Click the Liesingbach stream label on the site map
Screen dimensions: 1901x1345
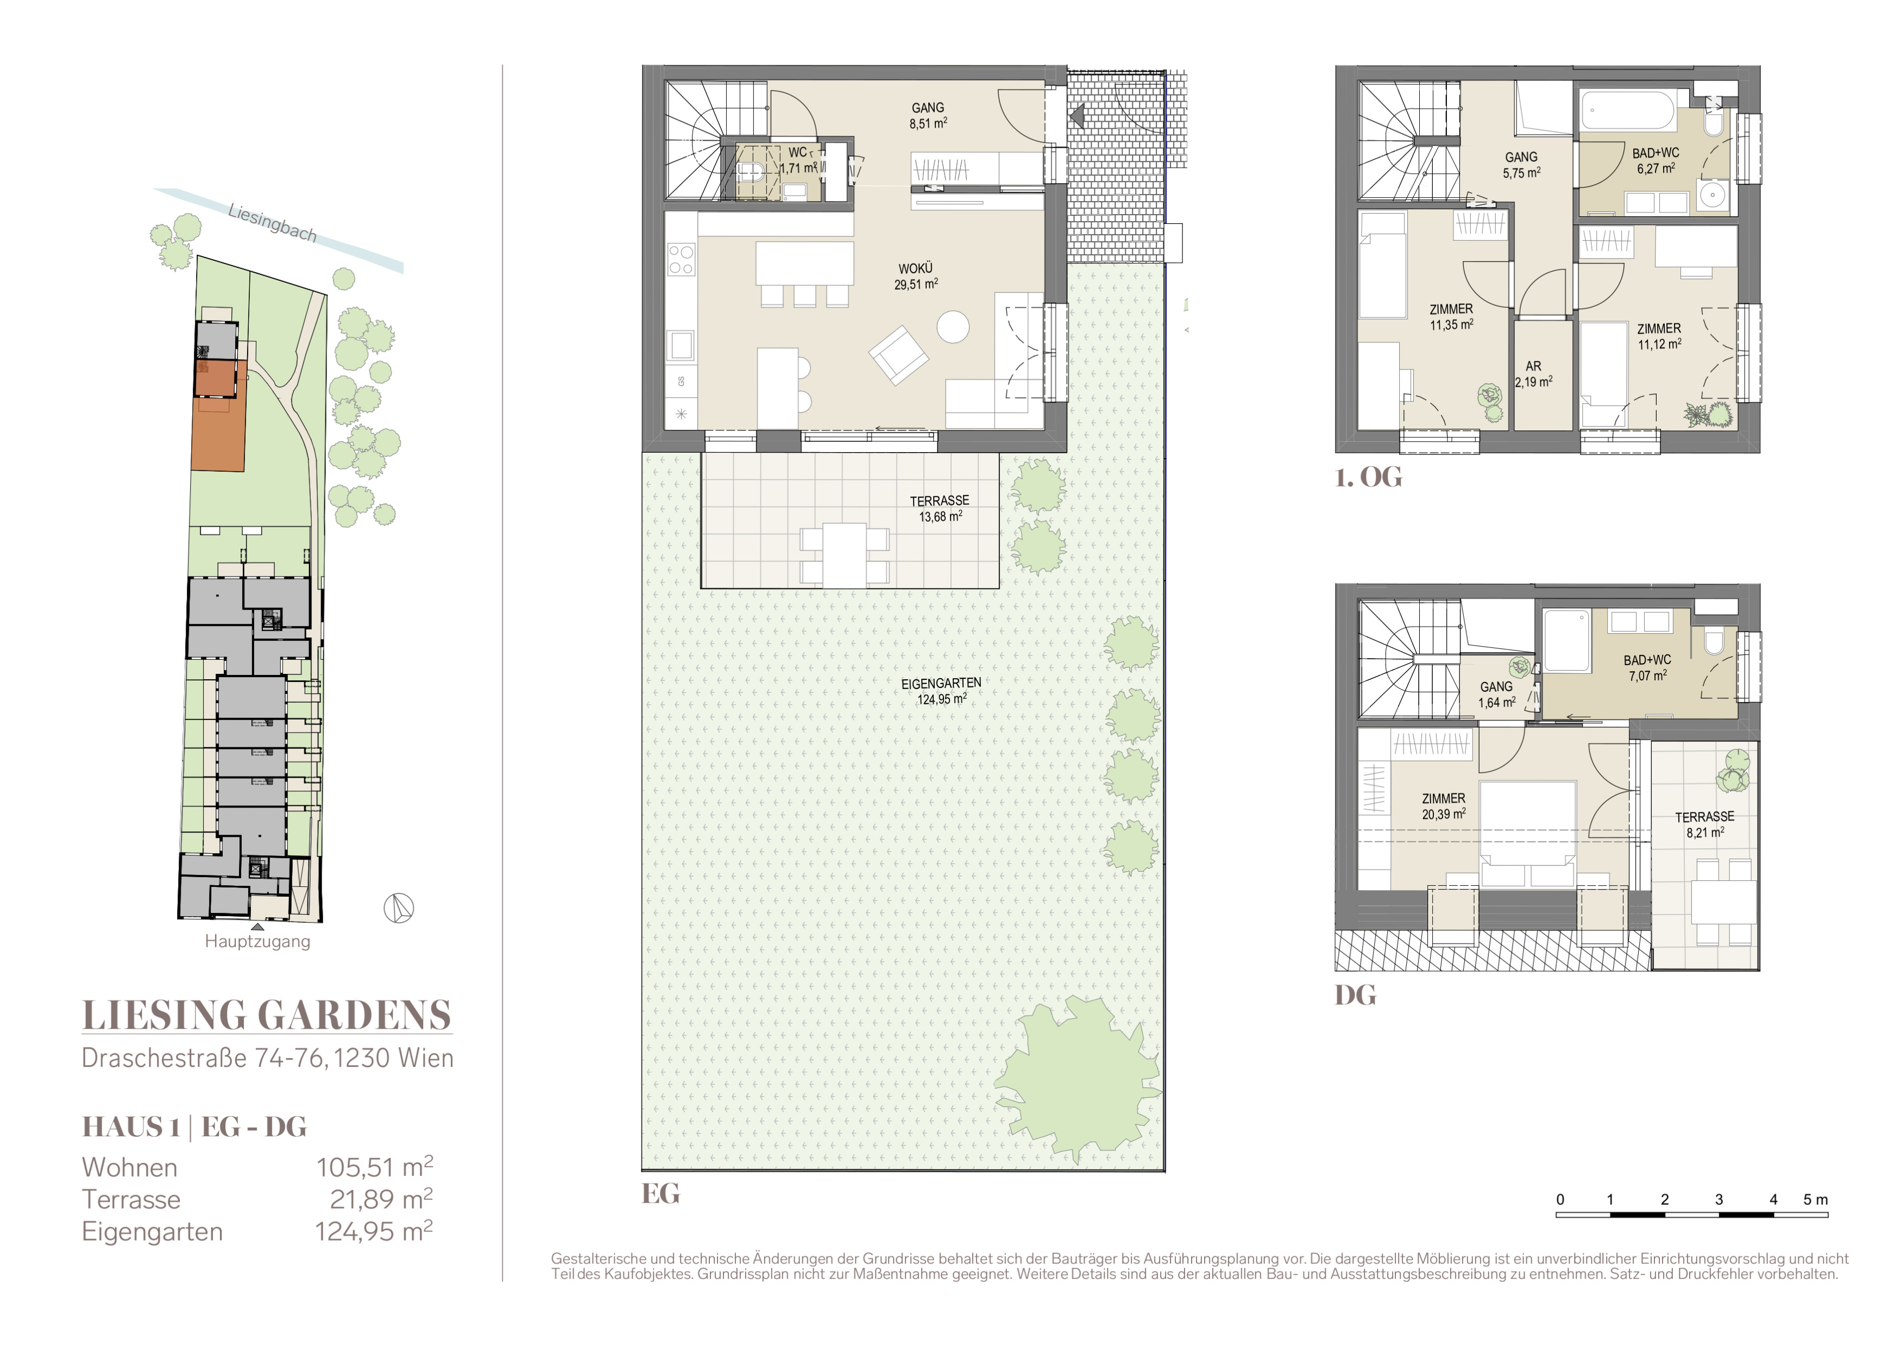(273, 223)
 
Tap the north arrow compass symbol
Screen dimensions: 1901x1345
(398, 909)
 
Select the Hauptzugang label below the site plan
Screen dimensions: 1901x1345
(257, 942)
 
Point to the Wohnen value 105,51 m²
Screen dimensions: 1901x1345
(374, 1167)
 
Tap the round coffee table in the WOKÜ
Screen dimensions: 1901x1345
(953, 326)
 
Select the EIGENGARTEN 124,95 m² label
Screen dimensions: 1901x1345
(941, 691)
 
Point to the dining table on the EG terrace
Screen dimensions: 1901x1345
(845, 555)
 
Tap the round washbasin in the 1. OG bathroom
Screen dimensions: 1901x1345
(1711, 196)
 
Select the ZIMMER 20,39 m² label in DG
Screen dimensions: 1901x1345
(1444, 806)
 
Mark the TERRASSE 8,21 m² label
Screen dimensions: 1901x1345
(1705, 824)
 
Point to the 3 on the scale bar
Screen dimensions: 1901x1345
(1719, 1199)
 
